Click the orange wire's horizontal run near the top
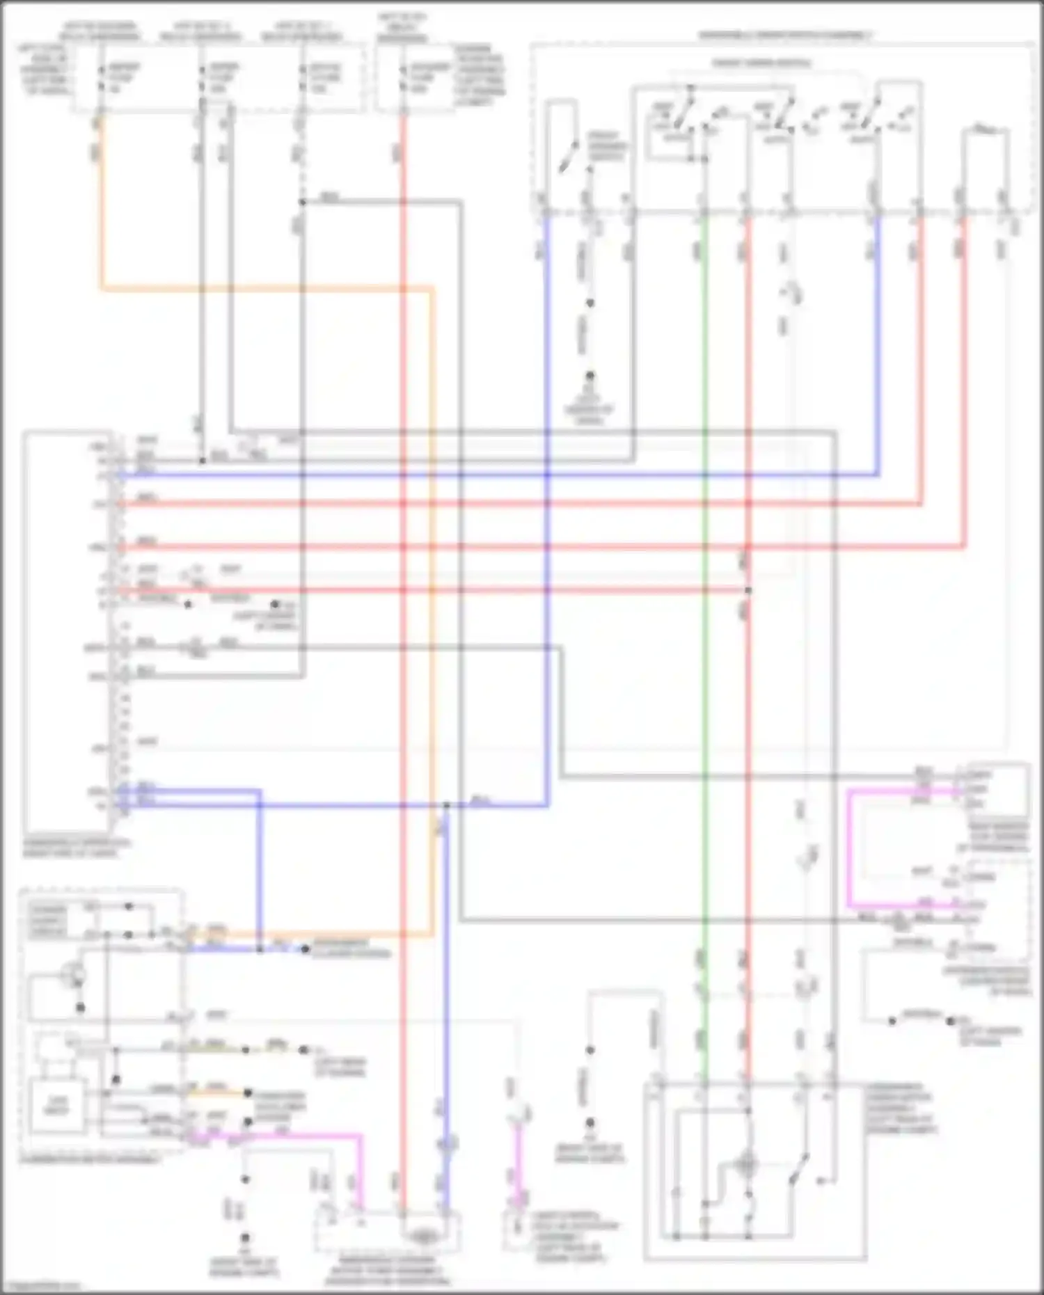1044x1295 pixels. pos(264,287)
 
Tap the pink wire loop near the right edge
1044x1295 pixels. pos(851,849)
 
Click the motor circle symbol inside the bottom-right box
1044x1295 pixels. pos(746,1163)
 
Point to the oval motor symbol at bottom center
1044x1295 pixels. pos(422,1237)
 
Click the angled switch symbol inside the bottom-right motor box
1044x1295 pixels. pos(799,1169)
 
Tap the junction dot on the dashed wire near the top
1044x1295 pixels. pos(302,202)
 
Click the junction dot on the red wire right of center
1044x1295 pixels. pos(748,590)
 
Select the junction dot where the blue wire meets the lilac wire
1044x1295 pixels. pos(446,806)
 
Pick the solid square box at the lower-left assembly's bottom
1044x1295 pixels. pos(57,1105)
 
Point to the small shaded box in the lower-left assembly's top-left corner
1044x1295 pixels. pos(47,920)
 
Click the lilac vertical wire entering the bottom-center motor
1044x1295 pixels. pos(445,1009)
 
